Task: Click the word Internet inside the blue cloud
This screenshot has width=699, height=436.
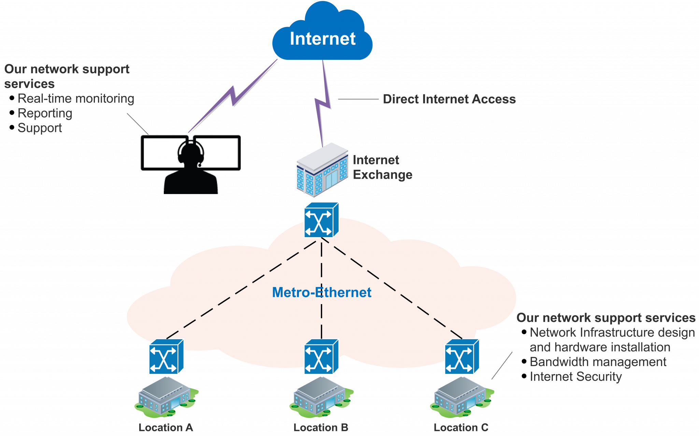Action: point(323,39)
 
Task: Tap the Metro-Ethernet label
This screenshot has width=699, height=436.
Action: point(322,292)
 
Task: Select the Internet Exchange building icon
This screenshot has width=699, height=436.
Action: point(322,170)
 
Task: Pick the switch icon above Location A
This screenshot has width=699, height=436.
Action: point(166,357)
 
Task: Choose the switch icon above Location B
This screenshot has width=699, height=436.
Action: point(321,357)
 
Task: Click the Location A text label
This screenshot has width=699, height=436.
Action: point(166,427)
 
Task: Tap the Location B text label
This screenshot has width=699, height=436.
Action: point(321,427)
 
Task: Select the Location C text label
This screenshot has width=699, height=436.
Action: point(461,427)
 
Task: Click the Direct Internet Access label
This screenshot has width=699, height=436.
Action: point(449,99)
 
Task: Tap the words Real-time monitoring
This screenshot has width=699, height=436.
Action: point(76,99)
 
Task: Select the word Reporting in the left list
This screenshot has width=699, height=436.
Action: point(45,113)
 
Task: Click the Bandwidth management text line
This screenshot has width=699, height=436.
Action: point(598,362)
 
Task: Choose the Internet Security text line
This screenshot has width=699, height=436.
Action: point(576,377)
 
